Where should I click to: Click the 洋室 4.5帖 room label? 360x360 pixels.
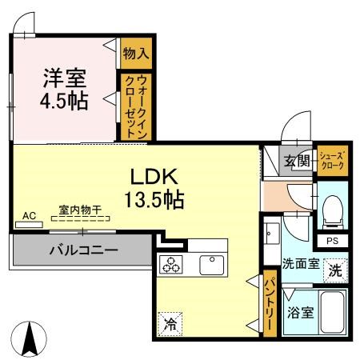coord(64,89)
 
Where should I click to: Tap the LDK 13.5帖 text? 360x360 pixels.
coord(154,188)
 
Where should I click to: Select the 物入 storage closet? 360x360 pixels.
coord(136,54)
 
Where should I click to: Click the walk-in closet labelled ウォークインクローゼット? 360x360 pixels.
coord(136,106)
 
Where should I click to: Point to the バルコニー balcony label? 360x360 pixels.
coord(84,250)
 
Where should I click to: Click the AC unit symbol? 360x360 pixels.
coord(29,225)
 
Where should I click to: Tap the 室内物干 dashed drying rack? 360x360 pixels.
coord(80,218)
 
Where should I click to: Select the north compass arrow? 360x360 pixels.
coord(29,338)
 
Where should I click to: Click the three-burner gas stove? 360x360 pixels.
coord(171,264)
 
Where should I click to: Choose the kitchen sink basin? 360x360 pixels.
coord(212,265)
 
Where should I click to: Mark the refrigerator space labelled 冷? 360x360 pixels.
coord(170,324)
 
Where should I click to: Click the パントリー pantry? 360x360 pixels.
coord(270,304)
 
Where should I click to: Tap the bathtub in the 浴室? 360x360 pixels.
coord(332,312)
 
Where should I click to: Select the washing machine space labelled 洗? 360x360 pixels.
coord(335,270)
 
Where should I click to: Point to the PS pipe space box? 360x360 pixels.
coord(332,241)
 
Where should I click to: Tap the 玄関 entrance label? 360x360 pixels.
coord(297,161)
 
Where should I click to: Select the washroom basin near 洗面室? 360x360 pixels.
coord(272,234)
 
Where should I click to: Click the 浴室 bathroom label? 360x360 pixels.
coord(300,313)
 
